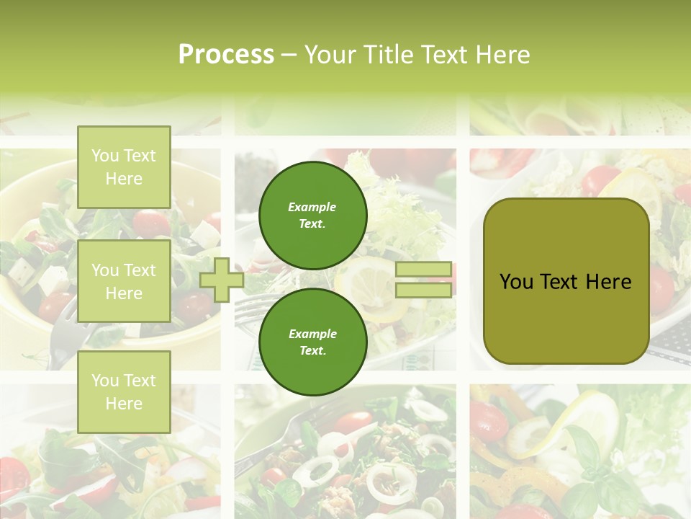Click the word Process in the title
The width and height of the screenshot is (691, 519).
[226, 55]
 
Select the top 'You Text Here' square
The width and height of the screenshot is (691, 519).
[124, 167]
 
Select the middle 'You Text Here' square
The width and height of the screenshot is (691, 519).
[124, 281]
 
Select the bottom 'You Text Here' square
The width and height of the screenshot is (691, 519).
[124, 391]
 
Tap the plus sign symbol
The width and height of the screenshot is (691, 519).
[222, 280]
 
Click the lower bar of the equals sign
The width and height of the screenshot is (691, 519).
[423, 290]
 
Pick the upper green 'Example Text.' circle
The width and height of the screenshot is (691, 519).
[312, 216]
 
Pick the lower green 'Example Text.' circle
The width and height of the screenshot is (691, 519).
[312, 342]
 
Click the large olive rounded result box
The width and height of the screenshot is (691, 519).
[566, 281]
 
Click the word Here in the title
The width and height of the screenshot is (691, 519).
[502, 55]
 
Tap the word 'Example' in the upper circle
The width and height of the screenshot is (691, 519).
[312, 207]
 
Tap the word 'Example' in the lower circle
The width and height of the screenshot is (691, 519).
[312, 334]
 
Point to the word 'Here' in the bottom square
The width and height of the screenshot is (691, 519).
[124, 404]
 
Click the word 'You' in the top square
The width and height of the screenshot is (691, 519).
[105, 156]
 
